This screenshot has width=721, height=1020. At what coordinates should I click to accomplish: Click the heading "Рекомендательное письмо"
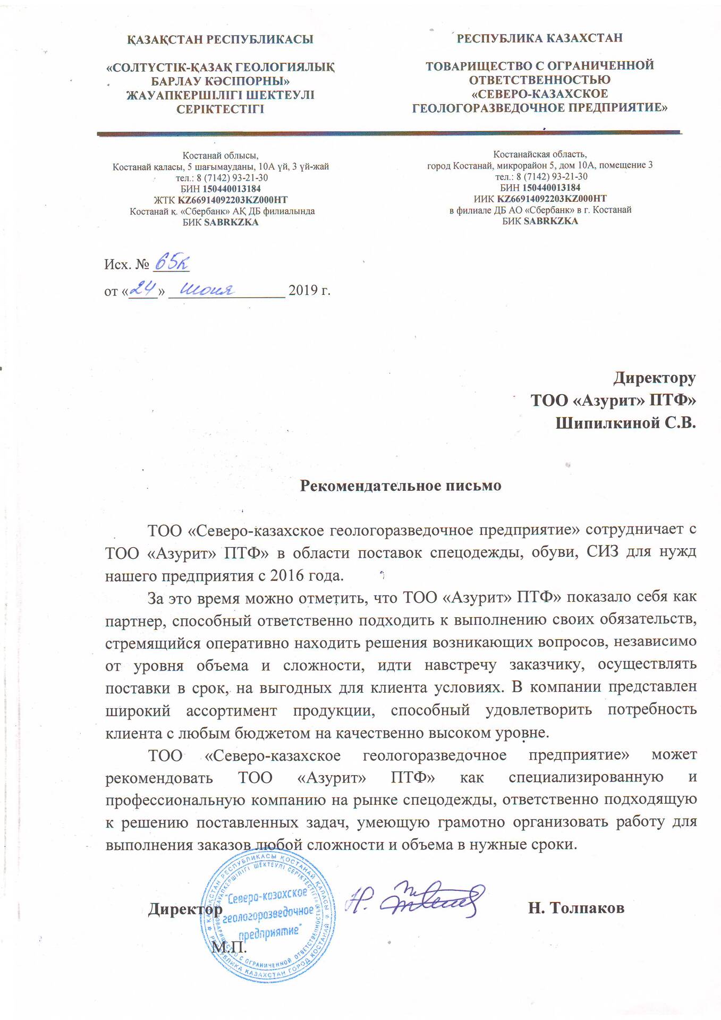(x=401, y=486)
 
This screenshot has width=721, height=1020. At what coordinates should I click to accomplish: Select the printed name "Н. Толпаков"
(x=576, y=908)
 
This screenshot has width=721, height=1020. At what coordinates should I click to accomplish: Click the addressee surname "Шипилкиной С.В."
(x=625, y=423)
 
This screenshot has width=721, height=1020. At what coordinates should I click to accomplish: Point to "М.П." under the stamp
(x=229, y=947)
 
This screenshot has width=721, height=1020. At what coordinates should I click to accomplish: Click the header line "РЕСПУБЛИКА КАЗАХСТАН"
(x=540, y=38)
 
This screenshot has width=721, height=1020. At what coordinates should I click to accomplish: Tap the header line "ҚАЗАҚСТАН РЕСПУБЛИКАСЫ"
(x=220, y=39)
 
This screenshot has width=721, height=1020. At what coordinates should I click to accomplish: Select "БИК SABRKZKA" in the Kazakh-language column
(x=220, y=223)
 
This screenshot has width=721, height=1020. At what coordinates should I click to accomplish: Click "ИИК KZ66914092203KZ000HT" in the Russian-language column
(x=540, y=199)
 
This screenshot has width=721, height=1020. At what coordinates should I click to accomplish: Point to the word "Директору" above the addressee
(x=655, y=378)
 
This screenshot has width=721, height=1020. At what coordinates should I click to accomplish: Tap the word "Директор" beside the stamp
(x=185, y=909)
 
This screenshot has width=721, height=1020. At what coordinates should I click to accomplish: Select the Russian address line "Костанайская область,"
(x=540, y=155)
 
